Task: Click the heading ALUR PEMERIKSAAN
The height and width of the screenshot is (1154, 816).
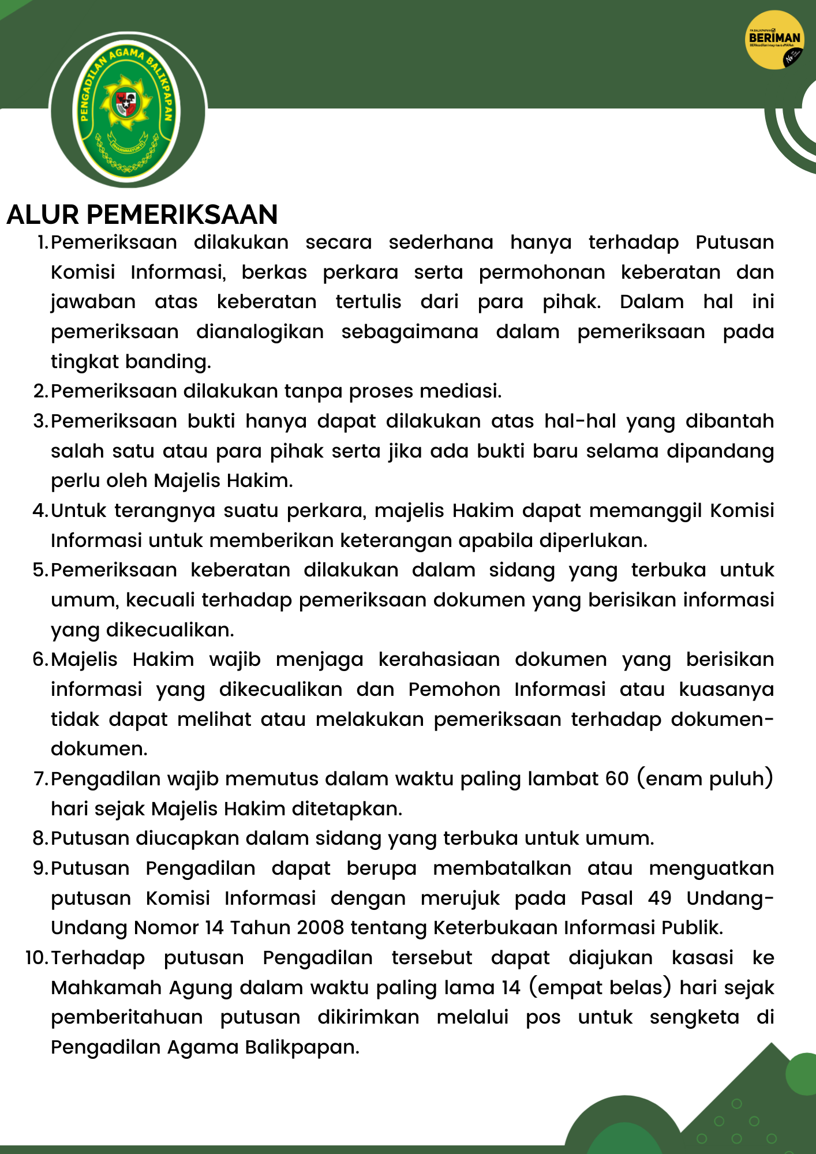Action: coord(142,215)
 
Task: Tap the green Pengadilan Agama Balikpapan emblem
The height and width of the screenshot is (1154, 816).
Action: coord(128,110)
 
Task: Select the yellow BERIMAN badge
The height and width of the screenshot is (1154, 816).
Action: coord(774,40)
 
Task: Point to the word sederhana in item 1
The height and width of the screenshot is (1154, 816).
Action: coord(441,242)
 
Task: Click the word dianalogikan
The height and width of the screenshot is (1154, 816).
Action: coord(260,332)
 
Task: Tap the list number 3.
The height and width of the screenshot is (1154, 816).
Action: coord(40,421)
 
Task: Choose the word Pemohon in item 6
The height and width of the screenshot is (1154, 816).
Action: coord(454,690)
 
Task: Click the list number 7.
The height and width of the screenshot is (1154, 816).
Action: coord(40,779)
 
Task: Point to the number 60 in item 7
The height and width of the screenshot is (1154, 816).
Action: coord(617,779)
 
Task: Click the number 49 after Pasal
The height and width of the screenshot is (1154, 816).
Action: coord(660,898)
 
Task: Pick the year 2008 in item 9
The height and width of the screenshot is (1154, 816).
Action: coord(321,928)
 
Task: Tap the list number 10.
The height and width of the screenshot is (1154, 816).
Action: coord(36,958)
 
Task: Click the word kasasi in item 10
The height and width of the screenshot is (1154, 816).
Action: coord(702,958)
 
